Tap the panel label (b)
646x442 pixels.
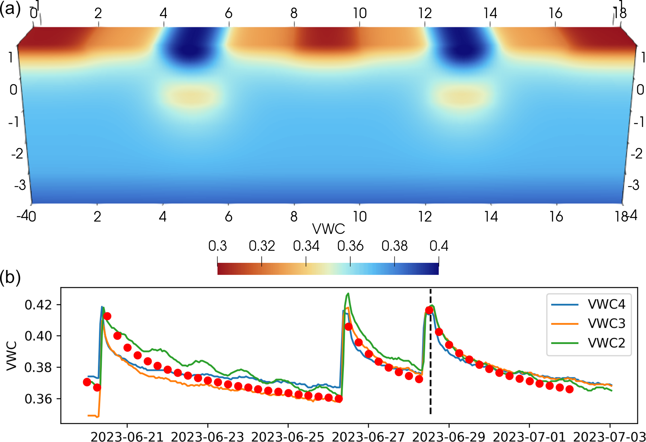tap(10, 277)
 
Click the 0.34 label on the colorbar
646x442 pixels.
tap(306, 246)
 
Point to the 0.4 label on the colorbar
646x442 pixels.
tap(439, 246)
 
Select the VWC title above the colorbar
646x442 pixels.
tap(328, 229)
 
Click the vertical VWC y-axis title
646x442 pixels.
tap(12, 356)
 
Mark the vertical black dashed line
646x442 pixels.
tap(430, 375)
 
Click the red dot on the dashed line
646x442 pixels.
tap(429, 310)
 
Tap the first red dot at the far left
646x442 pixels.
tap(87, 382)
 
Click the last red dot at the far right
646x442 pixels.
tap(569, 389)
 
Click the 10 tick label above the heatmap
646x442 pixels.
tap(360, 13)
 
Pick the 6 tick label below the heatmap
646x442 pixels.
tap(228, 216)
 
